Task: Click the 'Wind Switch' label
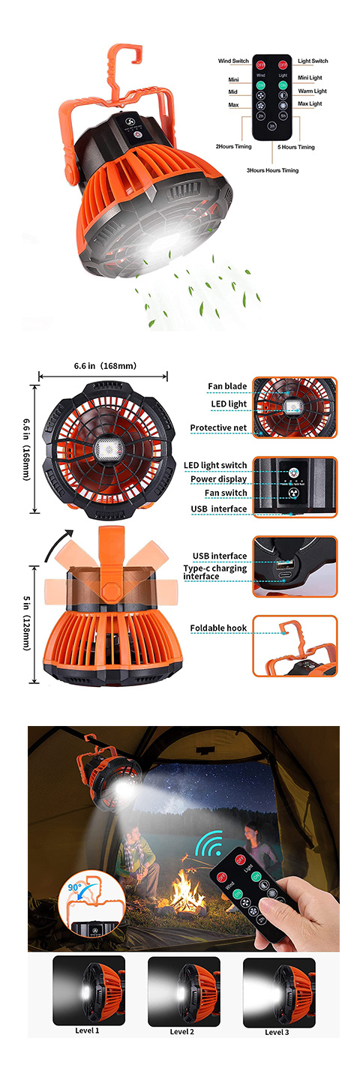[233, 60]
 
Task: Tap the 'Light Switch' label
[313, 60]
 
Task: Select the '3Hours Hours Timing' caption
[272, 170]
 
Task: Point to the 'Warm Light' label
[311, 91]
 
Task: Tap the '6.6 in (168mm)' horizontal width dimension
[104, 365]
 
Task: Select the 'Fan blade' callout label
[227, 386]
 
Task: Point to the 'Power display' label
[218, 478]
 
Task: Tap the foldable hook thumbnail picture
[295, 644]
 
